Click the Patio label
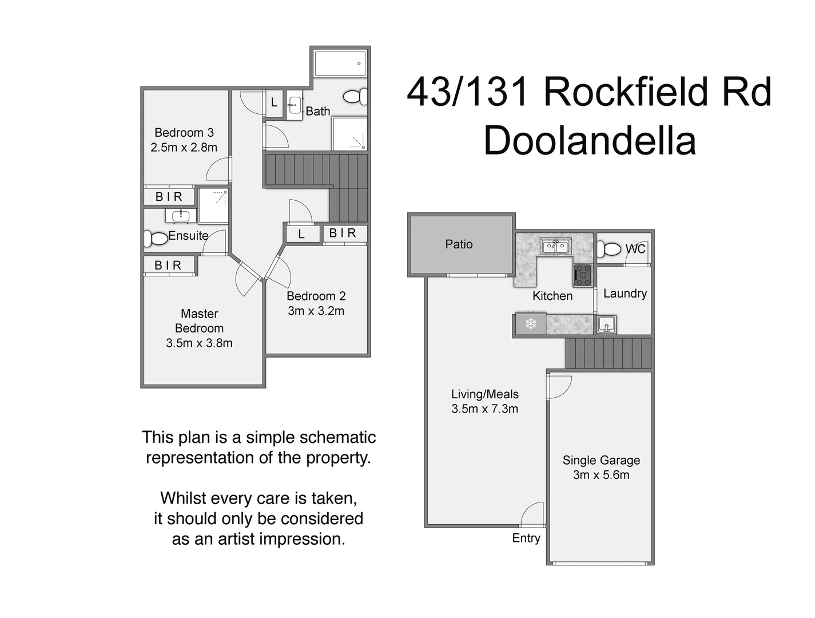459,244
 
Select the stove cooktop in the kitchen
582,275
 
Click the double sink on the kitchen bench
555,247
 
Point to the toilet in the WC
609,249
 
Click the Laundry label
625,294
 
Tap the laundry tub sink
606,324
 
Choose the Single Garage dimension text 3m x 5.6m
601,475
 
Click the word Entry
526,538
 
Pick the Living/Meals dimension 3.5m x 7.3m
484,409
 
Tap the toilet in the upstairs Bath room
356,97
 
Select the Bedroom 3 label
184,133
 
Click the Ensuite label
188,236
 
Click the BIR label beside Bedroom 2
343,233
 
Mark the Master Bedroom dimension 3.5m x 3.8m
199,343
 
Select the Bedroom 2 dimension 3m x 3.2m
316,311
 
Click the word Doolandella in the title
590,140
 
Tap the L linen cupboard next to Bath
274,103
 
